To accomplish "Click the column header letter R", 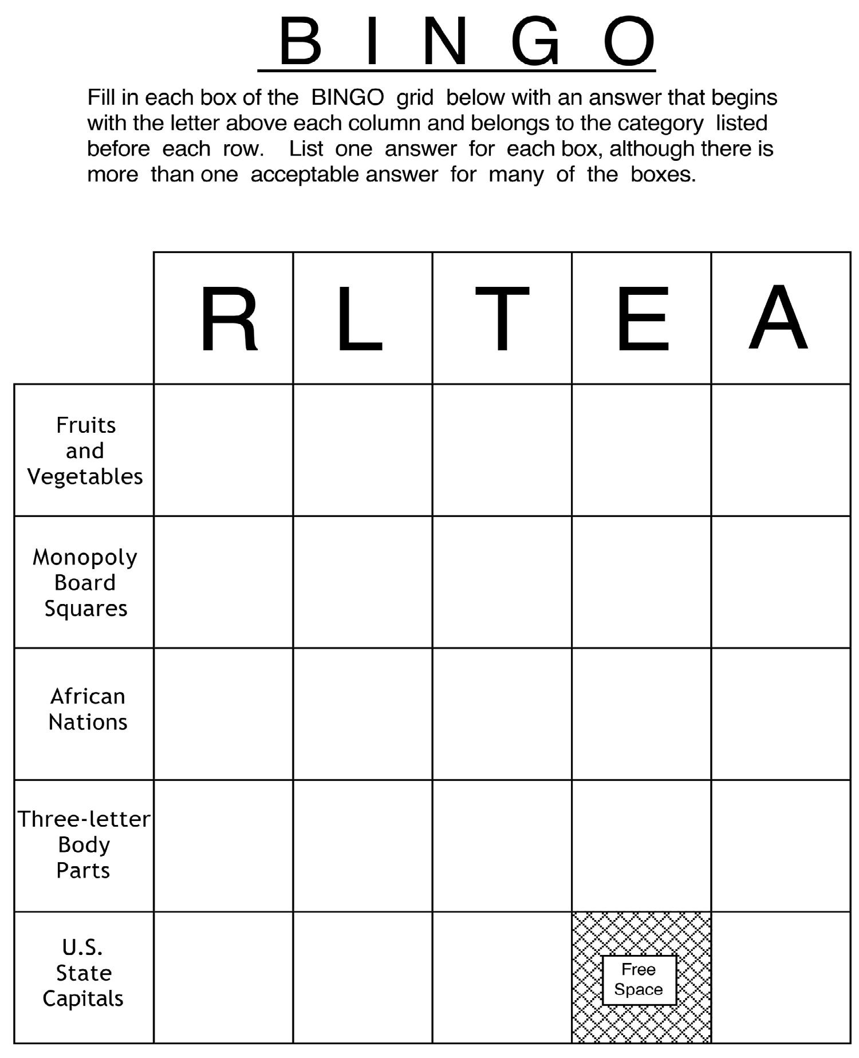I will [x=228, y=319].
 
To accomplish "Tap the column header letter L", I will [x=359, y=319].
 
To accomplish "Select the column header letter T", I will [x=502, y=319].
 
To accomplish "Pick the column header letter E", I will [x=643, y=319].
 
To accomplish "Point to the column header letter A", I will [x=778, y=318].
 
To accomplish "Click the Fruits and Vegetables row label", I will [x=85, y=451].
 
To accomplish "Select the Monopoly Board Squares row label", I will [x=85, y=582].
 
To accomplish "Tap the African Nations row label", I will [x=87, y=709].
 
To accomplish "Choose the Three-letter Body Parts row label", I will [x=84, y=844].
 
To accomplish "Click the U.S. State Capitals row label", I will [x=83, y=973].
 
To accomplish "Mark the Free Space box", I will [x=639, y=980].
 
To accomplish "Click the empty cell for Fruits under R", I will [x=223, y=450].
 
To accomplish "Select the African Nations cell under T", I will [x=502, y=714].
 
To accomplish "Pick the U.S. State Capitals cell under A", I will [x=781, y=977].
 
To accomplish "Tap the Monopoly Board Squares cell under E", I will [x=641, y=582].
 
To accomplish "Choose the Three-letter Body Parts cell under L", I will [x=362, y=846].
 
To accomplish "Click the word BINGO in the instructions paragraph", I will [x=347, y=98].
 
